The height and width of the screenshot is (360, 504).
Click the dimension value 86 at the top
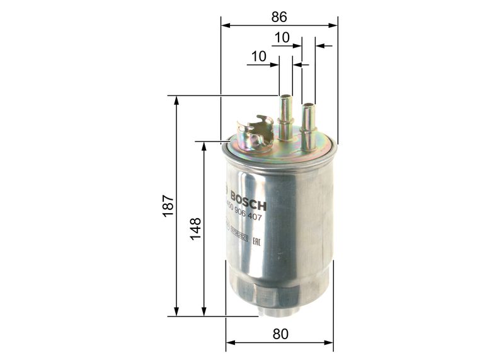pyautogui.click(x=279, y=17)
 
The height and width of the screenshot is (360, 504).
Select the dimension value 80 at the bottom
pyautogui.click(x=281, y=334)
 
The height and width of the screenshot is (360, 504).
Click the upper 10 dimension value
pyautogui.click(x=282, y=38)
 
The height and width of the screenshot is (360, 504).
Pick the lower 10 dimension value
pyautogui.click(x=258, y=56)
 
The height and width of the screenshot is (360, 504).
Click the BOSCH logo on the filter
pyautogui.click(x=246, y=201)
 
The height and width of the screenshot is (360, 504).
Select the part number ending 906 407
pyautogui.click(x=243, y=218)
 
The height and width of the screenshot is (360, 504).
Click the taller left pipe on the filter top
pyautogui.click(x=285, y=117)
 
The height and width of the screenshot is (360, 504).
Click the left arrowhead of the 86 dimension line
pyautogui.click(x=224, y=26)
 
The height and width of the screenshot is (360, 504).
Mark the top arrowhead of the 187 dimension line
pyautogui.click(x=177, y=100)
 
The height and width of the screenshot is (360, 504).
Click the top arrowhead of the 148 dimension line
pyautogui.click(x=203, y=146)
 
